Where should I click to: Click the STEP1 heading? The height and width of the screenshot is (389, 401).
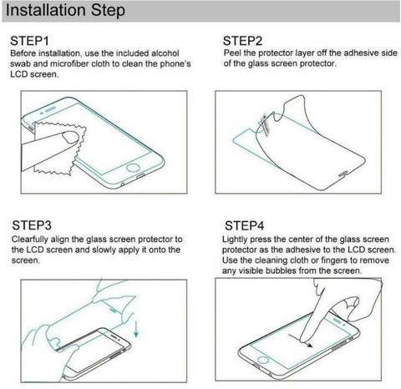29,41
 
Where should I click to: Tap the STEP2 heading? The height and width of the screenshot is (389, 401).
242,41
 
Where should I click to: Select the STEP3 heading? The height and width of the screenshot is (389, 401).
32,225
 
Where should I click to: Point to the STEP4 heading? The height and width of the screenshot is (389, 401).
245,225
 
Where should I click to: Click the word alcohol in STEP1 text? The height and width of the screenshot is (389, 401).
165,53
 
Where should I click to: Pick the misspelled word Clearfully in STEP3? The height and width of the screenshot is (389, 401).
30,240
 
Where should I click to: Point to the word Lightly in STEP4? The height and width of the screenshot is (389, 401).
235,240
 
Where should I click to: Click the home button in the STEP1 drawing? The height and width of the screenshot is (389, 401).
133,168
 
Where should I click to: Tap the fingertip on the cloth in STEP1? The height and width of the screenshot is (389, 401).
70,137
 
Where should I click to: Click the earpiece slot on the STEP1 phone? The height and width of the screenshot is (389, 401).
50,109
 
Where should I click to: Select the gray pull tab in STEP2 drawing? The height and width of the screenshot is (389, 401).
264,124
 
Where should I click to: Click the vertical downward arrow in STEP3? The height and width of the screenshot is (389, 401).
136,329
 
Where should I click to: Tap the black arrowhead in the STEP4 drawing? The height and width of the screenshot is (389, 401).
309,346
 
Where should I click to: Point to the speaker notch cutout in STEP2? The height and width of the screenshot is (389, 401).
343,174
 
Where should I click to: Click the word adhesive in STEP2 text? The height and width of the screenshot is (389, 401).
362,53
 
